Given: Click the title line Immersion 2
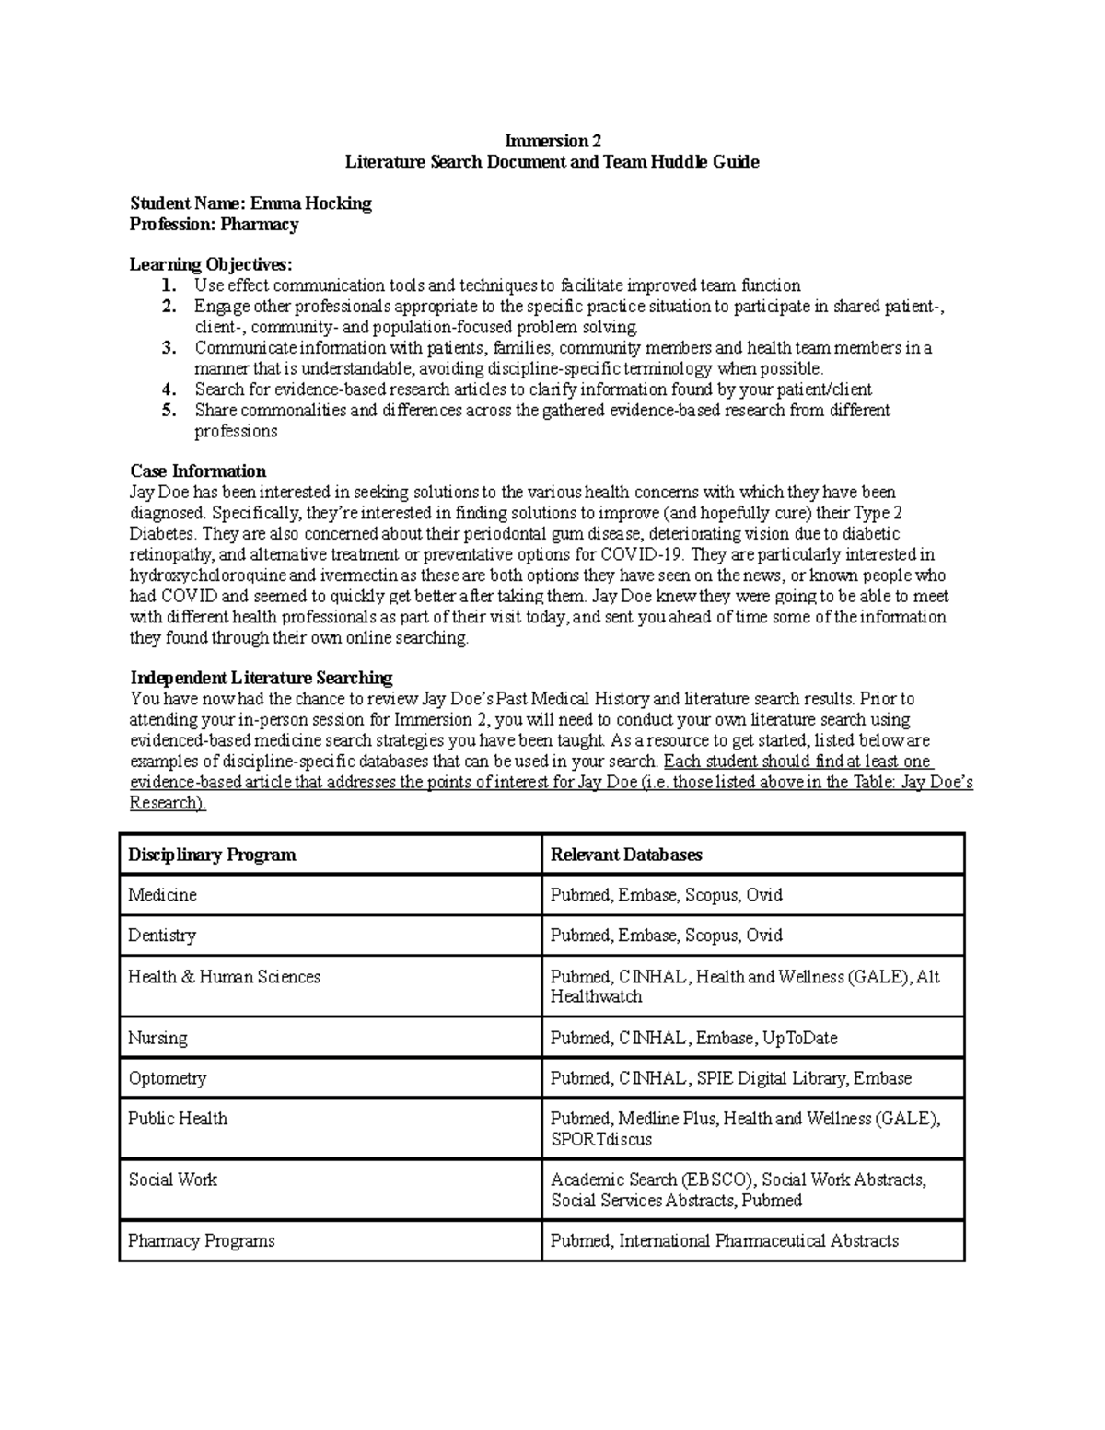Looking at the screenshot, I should tap(552, 141).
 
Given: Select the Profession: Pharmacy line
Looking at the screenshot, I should tap(214, 225).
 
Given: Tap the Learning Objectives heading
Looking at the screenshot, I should tap(211, 265).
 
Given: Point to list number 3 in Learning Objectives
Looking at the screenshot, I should tap(168, 348).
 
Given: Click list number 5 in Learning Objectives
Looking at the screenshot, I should tap(168, 411).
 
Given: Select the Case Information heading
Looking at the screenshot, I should tap(198, 471).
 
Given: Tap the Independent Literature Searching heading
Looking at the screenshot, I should tap(262, 679).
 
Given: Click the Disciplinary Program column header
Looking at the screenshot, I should tap(212, 855).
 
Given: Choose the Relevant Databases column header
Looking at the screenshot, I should tap(626, 855).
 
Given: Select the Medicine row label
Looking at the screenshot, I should tap(162, 895).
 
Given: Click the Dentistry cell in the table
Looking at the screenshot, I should tap(162, 936).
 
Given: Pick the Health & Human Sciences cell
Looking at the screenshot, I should tap(224, 977).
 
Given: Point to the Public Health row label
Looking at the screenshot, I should tap(178, 1119).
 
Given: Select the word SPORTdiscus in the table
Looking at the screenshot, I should tap(600, 1140).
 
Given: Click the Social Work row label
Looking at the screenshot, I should tap(172, 1180).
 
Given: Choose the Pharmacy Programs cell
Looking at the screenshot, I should tap(202, 1241).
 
